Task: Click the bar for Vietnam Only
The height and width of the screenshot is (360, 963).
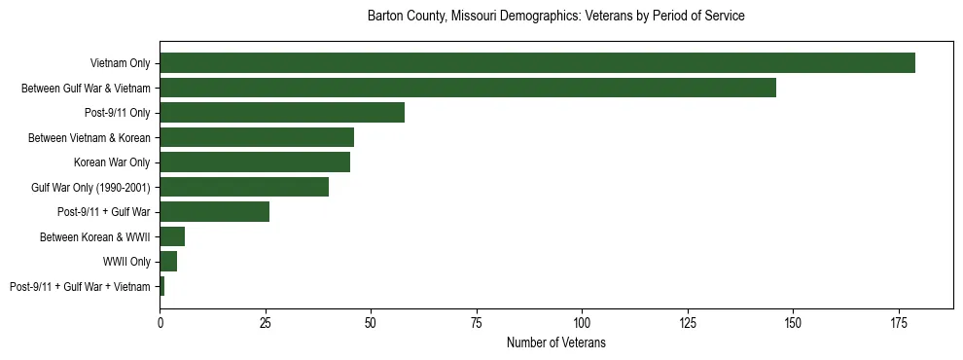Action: [537, 63]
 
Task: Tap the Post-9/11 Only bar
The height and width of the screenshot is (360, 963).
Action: [282, 113]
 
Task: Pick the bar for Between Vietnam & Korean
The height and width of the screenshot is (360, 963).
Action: [257, 137]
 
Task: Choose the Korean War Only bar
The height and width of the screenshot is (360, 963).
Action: [255, 162]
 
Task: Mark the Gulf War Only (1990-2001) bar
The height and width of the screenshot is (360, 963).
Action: [244, 187]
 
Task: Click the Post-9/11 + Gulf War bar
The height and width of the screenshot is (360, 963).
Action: [214, 212]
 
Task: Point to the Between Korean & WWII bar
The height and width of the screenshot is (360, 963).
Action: [172, 236]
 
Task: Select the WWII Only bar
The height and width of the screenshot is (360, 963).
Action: [168, 262]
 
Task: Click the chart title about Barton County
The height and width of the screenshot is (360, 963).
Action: [556, 17]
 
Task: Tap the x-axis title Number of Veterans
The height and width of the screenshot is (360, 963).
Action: [556, 342]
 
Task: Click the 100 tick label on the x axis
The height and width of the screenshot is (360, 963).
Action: [582, 322]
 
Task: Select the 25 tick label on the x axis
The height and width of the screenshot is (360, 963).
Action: [265, 322]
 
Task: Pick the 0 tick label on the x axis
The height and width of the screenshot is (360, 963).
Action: [160, 322]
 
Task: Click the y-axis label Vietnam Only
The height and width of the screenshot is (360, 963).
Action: [120, 63]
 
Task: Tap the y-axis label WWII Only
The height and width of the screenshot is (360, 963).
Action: [126, 262]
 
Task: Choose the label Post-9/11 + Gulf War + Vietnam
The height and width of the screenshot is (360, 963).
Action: [80, 286]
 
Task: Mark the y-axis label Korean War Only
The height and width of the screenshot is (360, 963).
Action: [112, 162]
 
